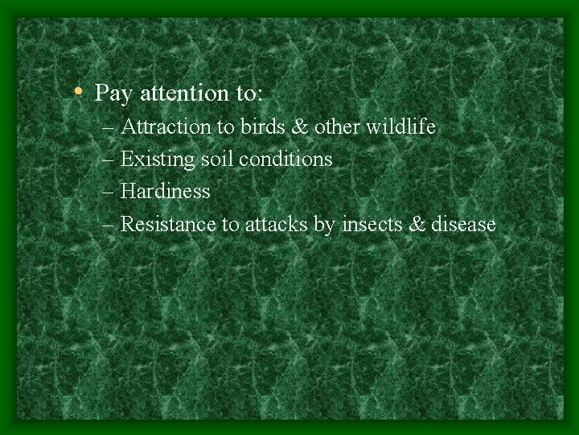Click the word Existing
point(158,160)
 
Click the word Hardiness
point(165,192)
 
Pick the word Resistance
point(169,224)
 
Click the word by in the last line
point(323,226)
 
